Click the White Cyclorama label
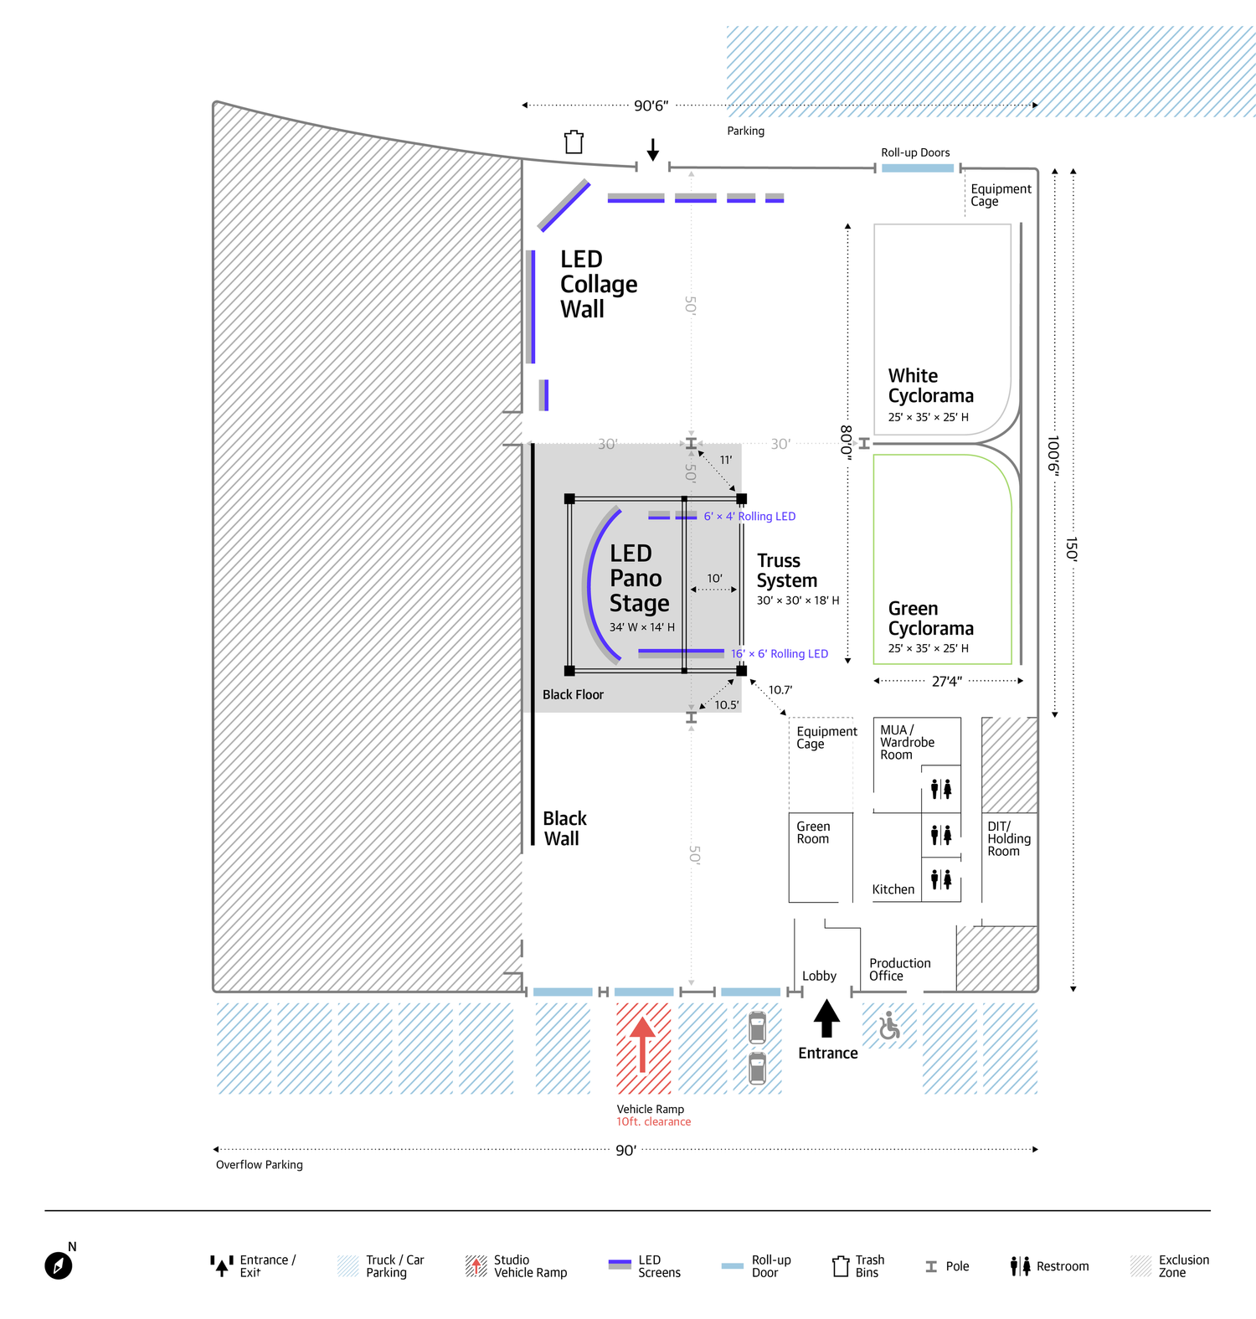coord(930,385)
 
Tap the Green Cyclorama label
coord(930,618)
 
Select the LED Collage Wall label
coord(598,284)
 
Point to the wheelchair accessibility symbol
coord(889,1025)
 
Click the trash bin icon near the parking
coord(574,142)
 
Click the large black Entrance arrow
coord(826,1019)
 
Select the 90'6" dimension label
coord(651,106)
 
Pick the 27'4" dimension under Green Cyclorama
coord(947,682)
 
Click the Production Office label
coord(899,970)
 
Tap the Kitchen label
coord(893,889)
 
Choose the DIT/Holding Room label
coord(1009,838)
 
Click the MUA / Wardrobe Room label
coord(907,742)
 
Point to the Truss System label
coord(786,570)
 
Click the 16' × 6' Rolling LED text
coord(779,654)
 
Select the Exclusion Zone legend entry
coord(1170,1266)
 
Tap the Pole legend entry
coord(947,1266)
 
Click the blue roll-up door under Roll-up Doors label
coord(918,168)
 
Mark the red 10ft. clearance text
coord(654,1122)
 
